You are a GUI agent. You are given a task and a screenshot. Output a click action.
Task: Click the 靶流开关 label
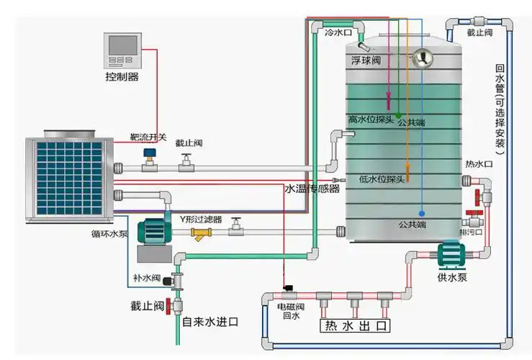coord(148,137)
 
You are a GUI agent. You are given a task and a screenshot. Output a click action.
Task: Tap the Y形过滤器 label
coord(201,218)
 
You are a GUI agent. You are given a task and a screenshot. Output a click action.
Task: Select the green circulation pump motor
coord(152,229)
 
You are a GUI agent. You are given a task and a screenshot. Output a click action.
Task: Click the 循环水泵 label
coord(109,233)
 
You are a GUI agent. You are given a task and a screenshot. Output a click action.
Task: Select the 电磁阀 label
coord(289,307)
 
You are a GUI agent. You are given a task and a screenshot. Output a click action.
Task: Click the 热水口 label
coord(479,164)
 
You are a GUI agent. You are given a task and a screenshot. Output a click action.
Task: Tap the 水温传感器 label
coord(311,189)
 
